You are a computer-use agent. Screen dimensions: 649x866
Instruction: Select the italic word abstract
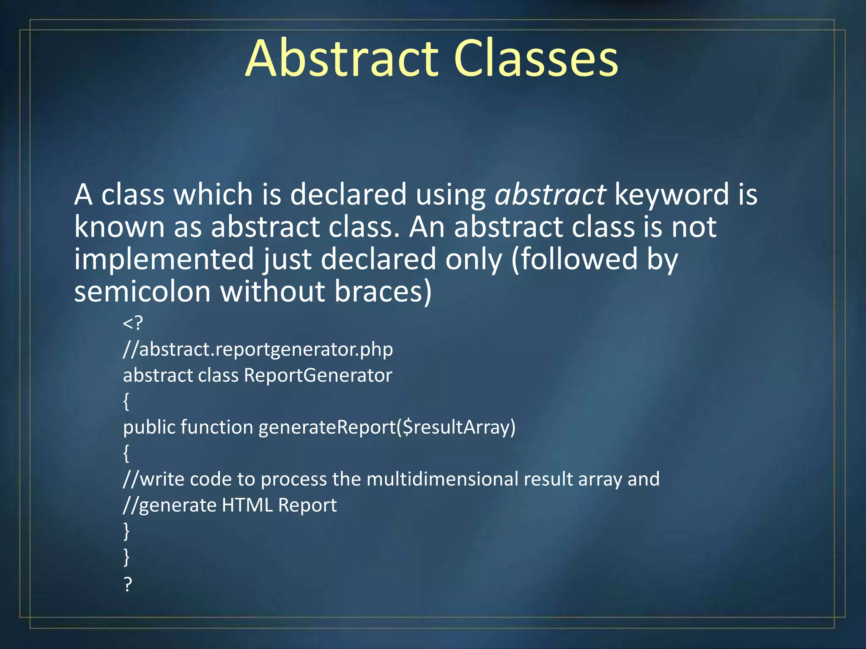point(550,195)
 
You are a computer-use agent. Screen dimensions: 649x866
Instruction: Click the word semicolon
point(142,292)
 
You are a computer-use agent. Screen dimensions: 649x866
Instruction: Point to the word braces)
point(383,292)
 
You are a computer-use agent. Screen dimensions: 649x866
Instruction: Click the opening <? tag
point(133,324)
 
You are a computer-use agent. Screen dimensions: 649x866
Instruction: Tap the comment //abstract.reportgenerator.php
point(258,350)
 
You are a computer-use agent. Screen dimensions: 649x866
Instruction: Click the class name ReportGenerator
point(318,376)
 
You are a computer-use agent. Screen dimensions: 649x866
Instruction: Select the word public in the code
point(149,428)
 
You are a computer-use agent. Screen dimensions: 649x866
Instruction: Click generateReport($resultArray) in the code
point(387,428)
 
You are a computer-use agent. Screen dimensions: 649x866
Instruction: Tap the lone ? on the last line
point(128,584)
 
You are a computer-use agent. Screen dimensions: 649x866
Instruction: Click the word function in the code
point(216,428)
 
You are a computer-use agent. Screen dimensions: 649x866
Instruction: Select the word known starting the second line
point(119,227)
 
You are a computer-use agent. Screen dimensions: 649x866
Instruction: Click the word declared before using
point(348,195)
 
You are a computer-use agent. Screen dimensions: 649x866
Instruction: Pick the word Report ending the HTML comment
point(307,505)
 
